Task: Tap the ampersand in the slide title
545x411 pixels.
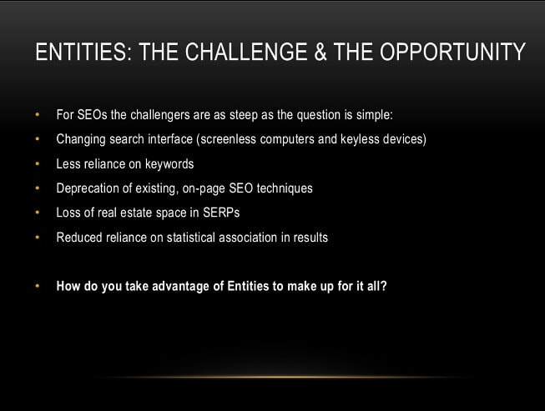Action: [320, 52]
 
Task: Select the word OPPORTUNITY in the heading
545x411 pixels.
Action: [452, 52]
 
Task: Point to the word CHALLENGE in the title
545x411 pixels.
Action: [246, 52]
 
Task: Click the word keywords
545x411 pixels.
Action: [169, 164]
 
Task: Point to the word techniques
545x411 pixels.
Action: [285, 188]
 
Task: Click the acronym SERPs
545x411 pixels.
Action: [221, 213]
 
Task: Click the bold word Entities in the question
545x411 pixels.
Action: [248, 287]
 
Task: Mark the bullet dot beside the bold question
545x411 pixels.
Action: [38, 287]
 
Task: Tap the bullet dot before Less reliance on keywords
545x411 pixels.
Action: [38, 163]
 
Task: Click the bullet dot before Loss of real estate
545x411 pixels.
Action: [38, 213]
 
